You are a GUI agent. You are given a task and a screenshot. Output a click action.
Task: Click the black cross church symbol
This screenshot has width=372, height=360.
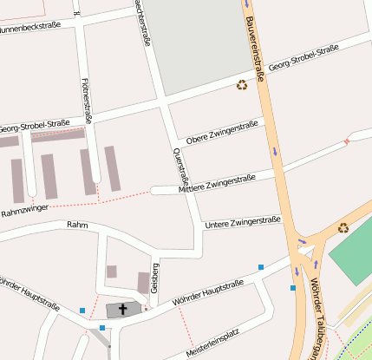tap(122, 309)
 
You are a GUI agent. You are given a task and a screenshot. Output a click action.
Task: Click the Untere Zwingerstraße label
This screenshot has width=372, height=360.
tap(242, 223)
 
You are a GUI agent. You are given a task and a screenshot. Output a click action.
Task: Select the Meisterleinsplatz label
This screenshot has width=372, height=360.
tap(212, 344)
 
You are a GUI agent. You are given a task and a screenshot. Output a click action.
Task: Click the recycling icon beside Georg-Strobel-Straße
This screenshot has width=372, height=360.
tap(241, 84)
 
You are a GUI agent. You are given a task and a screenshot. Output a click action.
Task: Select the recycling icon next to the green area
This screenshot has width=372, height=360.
tap(343, 228)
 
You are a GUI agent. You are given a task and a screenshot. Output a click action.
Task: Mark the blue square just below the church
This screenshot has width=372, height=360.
tap(102, 328)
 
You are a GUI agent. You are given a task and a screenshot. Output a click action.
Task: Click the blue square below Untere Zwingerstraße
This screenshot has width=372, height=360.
tap(261, 267)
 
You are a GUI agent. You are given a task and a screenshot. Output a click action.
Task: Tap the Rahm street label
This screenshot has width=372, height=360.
tap(77, 226)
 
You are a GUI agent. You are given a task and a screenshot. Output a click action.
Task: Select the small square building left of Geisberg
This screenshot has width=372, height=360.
tap(111, 272)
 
